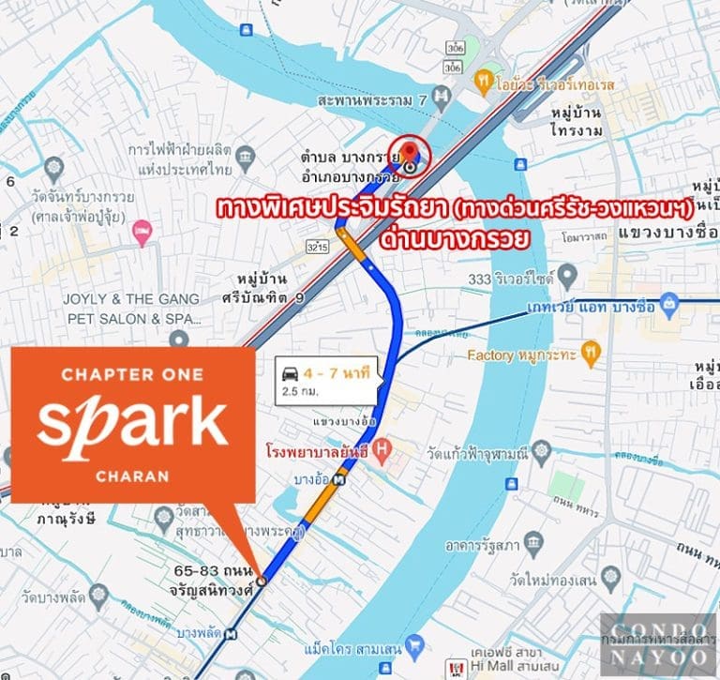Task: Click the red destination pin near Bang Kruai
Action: point(409,151)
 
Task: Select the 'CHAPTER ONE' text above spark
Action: point(131,375)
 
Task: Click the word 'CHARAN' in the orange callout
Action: point(132,476)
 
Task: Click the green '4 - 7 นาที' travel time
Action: point(343,373)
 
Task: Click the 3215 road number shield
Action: point(318,248)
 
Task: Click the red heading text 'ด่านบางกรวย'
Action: point(455,239)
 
